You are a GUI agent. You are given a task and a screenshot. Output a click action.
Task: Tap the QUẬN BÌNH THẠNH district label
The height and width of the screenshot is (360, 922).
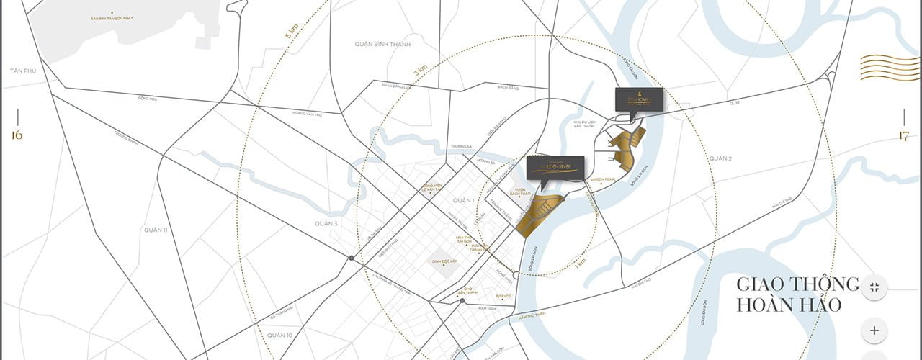[x=382, y=44]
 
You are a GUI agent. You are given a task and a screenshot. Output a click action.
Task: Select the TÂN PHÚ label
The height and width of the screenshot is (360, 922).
[x=17, y=71]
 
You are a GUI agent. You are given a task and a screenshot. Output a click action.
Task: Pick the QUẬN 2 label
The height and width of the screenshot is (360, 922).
[x=720, y=158]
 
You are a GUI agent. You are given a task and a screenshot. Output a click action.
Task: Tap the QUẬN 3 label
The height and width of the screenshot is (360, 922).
[x=326, y=224]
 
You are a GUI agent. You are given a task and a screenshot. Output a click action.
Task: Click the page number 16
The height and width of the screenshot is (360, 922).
[x=17, y=135]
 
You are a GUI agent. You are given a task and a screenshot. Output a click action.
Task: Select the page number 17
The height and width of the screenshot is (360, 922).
[x=904, y=135]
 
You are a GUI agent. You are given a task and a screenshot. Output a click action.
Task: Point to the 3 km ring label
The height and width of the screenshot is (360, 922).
[x=420, y=71]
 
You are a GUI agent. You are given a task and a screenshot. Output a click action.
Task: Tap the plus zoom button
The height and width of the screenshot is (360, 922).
[x=874, y=330]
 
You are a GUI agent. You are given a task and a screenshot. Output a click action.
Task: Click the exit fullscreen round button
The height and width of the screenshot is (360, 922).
[x=874, y=287]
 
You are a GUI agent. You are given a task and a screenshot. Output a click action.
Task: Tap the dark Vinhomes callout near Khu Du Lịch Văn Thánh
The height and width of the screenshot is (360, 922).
[x=638, y=99]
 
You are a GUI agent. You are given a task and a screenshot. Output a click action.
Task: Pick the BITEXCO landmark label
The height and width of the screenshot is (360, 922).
[x=504, y=295]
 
